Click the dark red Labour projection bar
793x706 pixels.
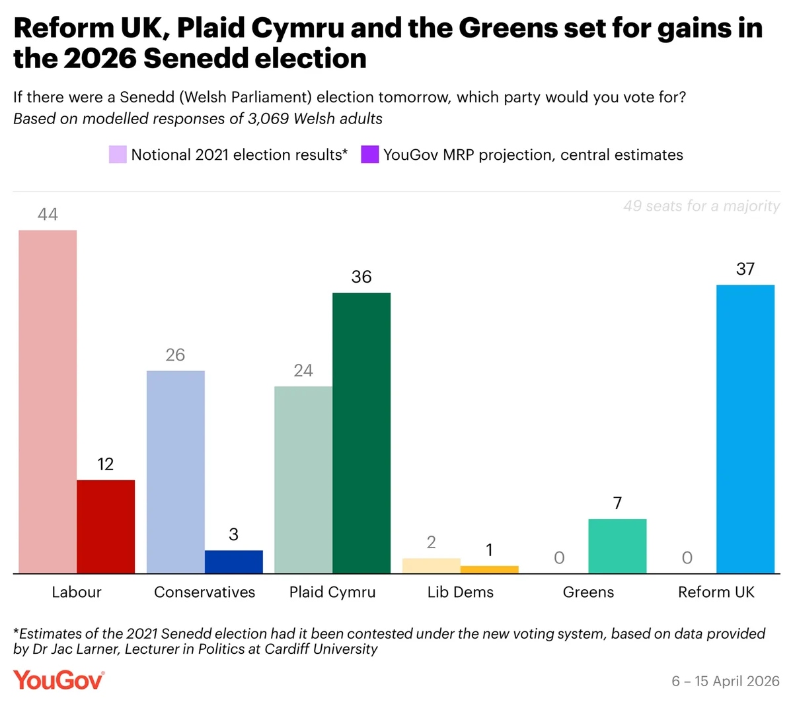(106, 526)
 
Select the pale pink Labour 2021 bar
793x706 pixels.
(48, 402)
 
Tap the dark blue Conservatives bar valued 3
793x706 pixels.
(233, 561)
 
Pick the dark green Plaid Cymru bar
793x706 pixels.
(361, 433)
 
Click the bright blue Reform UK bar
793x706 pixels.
(745, 429)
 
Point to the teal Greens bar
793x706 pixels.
(617, 546)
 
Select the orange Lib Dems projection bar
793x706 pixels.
(489, 569)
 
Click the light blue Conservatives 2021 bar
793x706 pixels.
(175, 472)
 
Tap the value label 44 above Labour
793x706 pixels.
(48, 214)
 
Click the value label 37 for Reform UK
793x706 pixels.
(745, 269)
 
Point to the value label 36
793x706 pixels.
(361, 277)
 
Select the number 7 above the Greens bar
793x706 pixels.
(617, 503)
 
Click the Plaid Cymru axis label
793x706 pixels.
(332, 592)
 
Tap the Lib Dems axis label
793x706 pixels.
(461, 592)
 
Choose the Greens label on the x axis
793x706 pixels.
(588, 592)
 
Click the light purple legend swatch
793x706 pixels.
(118, 155)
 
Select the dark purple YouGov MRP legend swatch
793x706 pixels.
(369, 155)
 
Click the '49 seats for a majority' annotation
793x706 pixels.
(701, 206)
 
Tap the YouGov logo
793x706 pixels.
(59, 680)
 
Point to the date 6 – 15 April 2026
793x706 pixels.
(725, 681)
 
